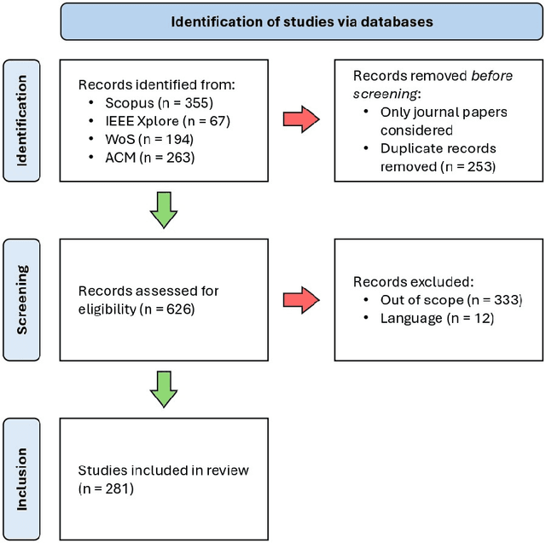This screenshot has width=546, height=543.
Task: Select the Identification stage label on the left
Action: click(21, 119)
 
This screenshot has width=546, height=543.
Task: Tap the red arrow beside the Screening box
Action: click(303, 299)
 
